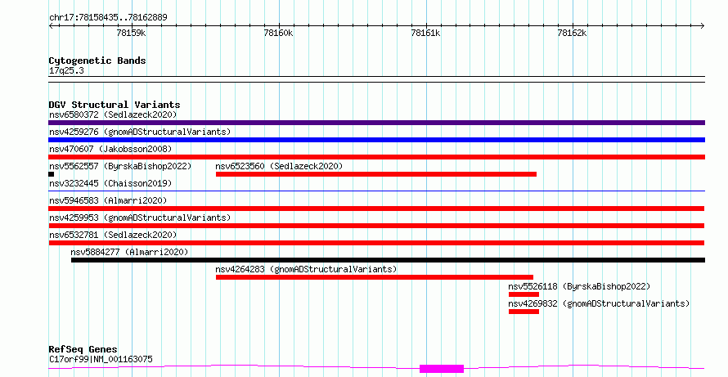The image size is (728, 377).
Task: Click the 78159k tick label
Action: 132,33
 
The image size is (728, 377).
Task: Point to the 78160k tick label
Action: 279,33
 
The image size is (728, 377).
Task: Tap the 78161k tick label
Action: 425,33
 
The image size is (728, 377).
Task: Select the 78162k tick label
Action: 572,33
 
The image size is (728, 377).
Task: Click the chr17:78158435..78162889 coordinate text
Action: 108,18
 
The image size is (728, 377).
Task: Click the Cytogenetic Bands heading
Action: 97,61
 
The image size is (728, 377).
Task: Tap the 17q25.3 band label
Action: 66,71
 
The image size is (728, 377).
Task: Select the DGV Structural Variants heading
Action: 115,105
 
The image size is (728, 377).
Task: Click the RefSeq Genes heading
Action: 83,349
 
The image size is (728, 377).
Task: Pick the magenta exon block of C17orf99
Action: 442,369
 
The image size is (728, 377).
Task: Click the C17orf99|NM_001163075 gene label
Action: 101,359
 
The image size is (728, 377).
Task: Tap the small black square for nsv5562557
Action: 51,174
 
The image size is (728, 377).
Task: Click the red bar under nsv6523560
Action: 376,174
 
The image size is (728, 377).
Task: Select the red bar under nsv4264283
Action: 374,277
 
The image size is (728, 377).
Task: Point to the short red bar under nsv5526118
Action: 524,294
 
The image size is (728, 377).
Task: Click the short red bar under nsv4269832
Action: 524,312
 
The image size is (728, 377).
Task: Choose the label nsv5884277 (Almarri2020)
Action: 129,252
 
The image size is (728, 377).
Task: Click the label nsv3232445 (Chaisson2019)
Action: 110,183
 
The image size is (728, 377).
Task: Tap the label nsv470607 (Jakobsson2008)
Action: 110,149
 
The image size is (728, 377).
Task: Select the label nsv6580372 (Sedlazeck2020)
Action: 113,114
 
